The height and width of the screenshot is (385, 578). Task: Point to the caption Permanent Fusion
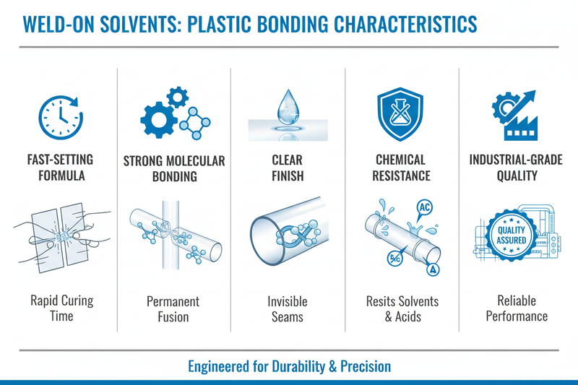(x=173, y=308)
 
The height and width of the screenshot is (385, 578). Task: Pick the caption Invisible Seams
(x=288, y=308)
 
